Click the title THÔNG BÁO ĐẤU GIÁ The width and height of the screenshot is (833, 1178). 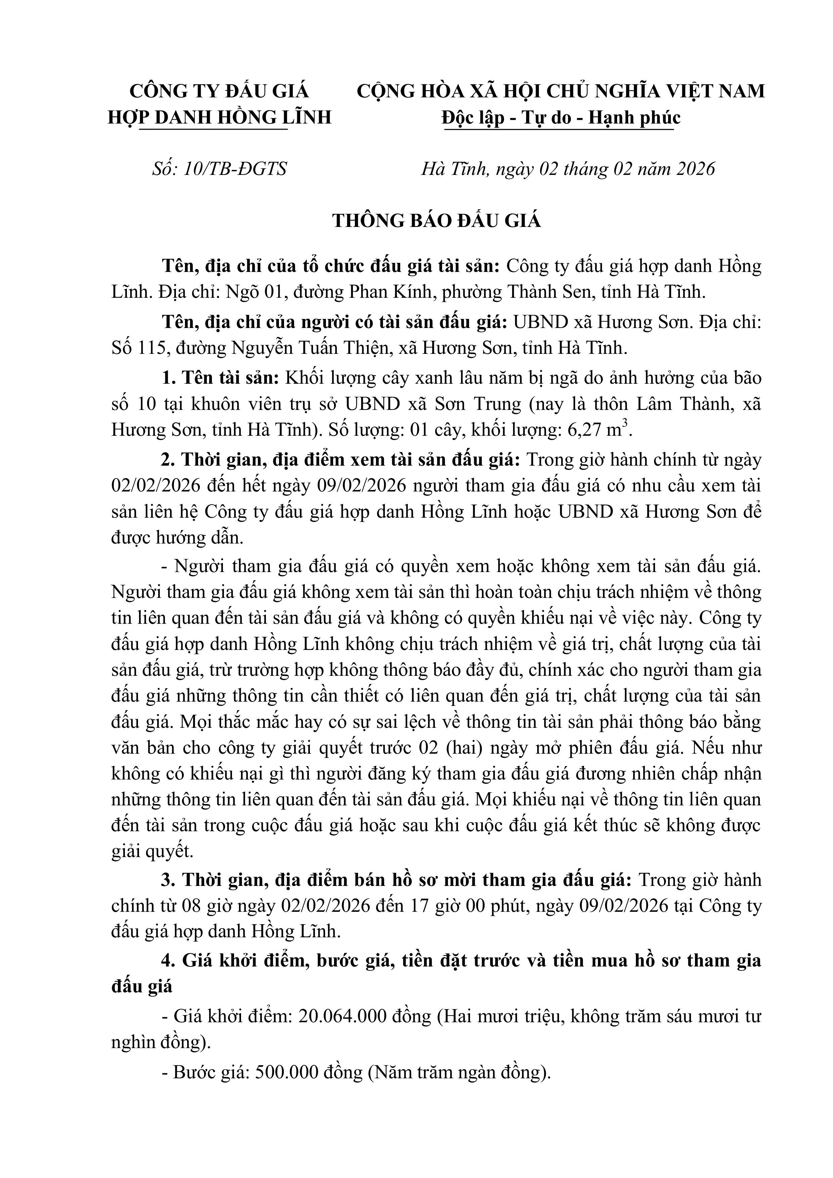(437, 221)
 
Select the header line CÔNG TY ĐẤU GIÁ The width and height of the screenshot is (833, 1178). (219, 91)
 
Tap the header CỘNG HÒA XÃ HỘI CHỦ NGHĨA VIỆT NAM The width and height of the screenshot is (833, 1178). (560, 91)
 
